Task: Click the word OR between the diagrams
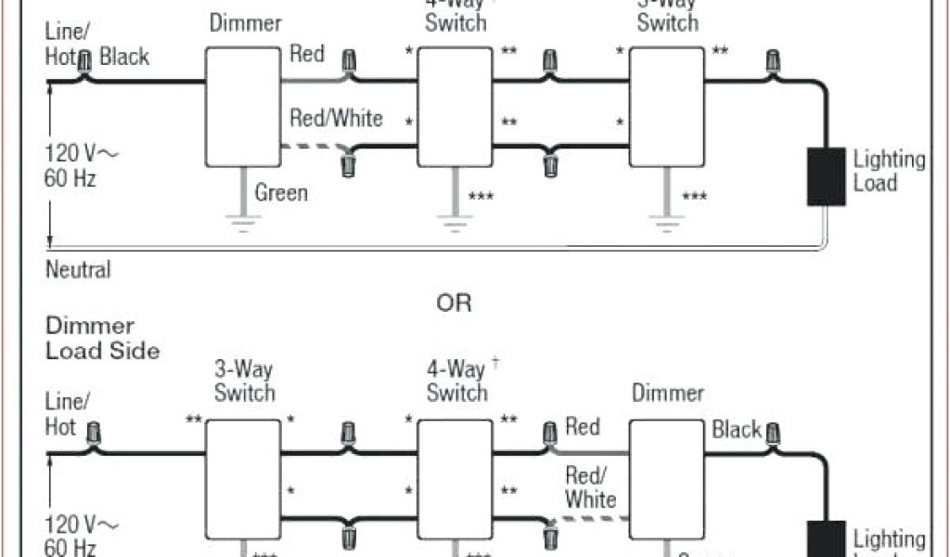pyautogui.click(x=454, y=303)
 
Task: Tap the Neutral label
pyautogui.click(x=78, y=270)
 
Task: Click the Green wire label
pyautogui.click(x=281, y=193)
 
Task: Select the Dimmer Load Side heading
pyautogui.click(x=102, y=338)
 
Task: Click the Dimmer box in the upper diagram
pyautogui.click(x=241, y=108)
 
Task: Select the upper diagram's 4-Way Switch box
pyautogui.click(x=454, y=108)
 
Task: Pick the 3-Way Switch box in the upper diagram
pyautogui.click(x=666, y=108)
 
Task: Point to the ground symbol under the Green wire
pyautogui.click(x=243, y=222)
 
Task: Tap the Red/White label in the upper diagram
pyautogui.click(x=336, y=119)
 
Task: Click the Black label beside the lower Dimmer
pyautogui.click(x=737, y=430)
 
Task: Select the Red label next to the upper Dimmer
pyautogui.click(x=307, y=54)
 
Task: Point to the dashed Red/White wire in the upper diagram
pyautogui.click(x=315, y=147)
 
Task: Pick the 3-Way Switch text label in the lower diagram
pyautogui.click(x=244, y=381)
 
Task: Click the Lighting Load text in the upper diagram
pyautogui.click(x=889, y=171)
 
